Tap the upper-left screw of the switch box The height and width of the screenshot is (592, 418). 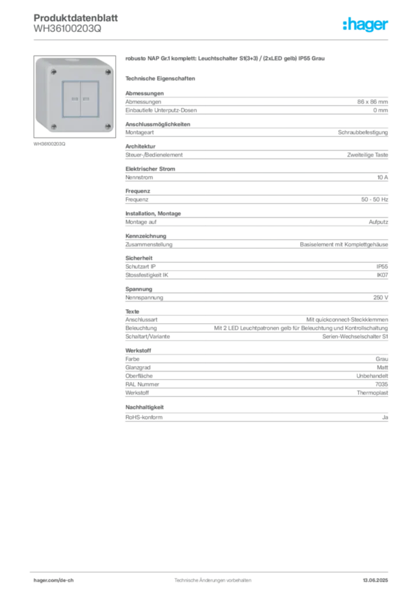coord(53,72)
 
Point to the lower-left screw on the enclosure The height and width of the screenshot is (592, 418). coord(53,126)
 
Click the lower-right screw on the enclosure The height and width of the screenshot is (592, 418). coord(107,126)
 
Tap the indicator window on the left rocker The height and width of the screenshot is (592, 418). coord(74,99)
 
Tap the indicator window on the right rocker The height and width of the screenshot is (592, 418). coord(86,99)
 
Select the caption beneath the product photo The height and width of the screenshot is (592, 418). coord(51,144)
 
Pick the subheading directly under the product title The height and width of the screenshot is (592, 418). coord(162,78)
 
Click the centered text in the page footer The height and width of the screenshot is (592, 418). coord(214,578)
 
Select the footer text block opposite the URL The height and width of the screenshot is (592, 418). coord(378,578)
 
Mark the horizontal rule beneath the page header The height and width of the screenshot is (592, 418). coord(212,39)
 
